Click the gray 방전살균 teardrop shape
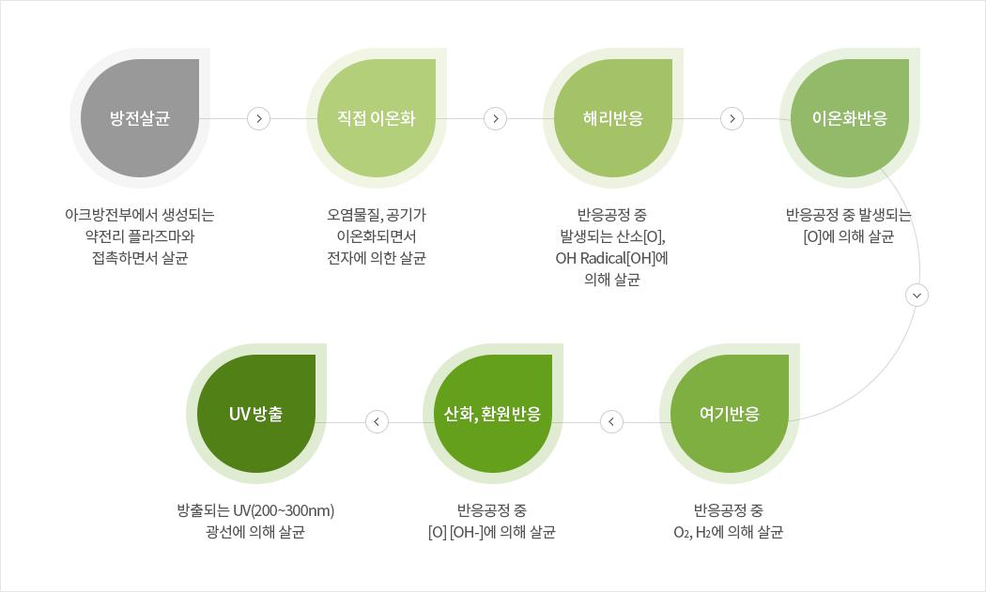point(140,118)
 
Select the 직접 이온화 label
point(376,118)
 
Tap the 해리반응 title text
point(613,118)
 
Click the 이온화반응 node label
point(850,118)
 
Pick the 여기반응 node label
point(730,414)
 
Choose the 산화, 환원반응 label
point(492,414)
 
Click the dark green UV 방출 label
point(256,414)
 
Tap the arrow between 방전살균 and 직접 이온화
point(258,118)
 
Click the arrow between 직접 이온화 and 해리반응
point(496,118)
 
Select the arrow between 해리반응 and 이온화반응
point(732,118)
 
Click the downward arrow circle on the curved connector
point(917,295)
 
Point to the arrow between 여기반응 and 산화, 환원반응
point(611,421)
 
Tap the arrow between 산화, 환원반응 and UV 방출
point(377,421)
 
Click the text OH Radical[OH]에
point(612,258)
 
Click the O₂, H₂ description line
point(729,532)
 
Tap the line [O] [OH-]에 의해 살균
point(492,532)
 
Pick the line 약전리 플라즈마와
point(140,236)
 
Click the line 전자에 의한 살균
point(377,258)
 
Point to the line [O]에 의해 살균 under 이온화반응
point(849,236)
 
